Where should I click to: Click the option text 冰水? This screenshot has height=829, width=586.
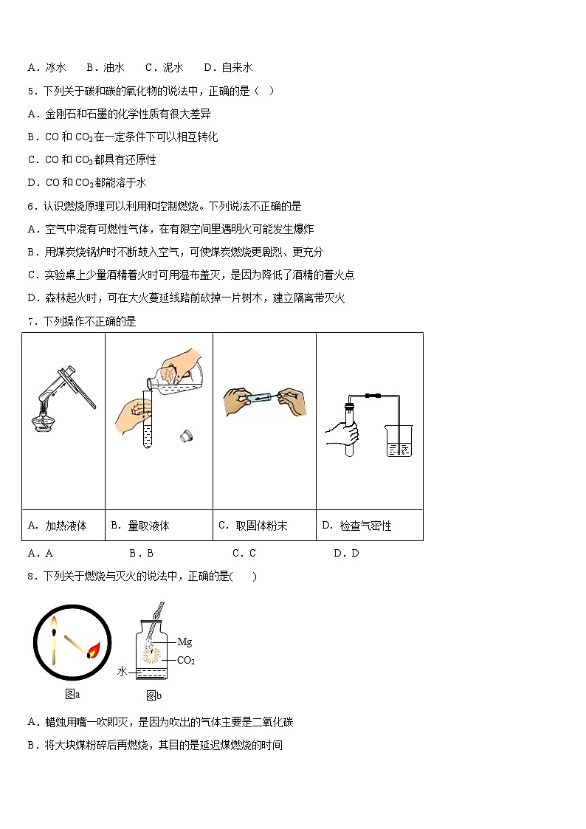(x=55, y=67)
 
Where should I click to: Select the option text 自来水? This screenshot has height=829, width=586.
(x=236, y=67)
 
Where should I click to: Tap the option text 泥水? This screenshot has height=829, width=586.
(x=173, y=67)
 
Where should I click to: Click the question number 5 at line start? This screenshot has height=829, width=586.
(x=31, y=91)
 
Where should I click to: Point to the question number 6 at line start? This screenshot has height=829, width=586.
(x=31, y=206)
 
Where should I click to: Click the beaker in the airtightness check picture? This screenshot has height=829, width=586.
(x=400, y=441)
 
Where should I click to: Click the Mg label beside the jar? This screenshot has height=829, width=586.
(x=185, y=642)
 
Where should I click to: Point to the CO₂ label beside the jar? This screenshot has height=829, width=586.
(x=186, y=660)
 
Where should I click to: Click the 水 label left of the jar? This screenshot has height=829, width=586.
(x=123, y=672)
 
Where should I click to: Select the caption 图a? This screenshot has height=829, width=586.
(x=72, y=694)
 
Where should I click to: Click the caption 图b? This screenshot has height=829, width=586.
(x=154, y=695)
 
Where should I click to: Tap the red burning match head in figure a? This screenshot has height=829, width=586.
(x=94, y=650)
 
